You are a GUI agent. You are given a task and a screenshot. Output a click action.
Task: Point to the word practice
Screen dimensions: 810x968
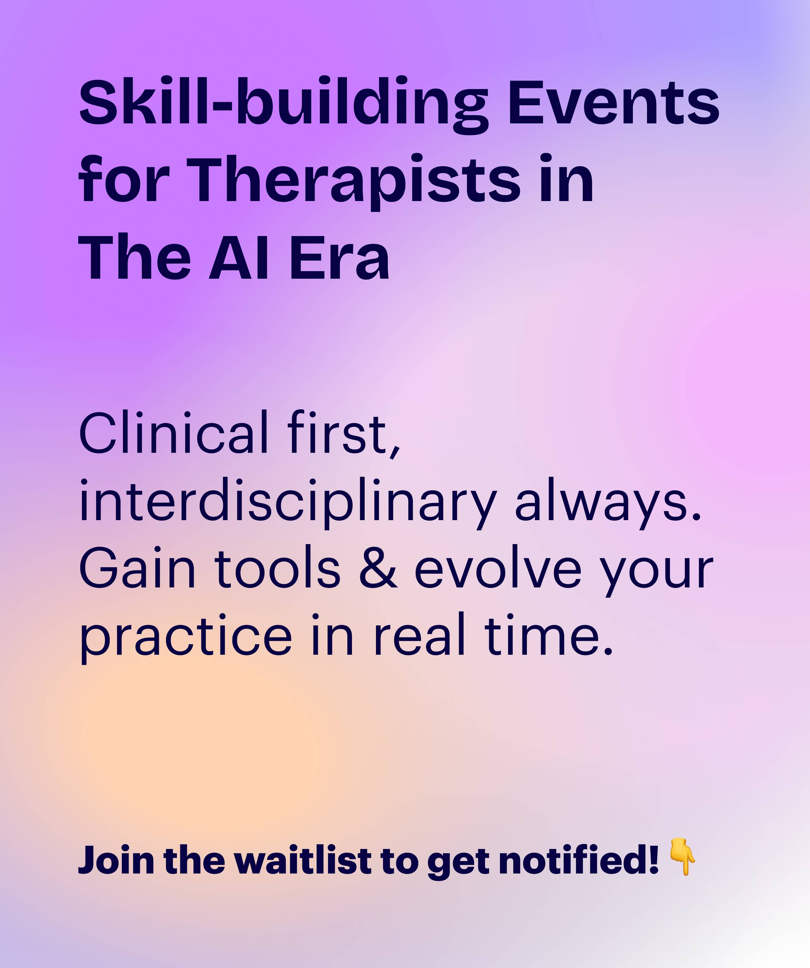coord(186,637)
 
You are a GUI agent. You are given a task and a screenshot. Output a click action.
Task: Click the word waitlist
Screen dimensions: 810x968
coord(303,860)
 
